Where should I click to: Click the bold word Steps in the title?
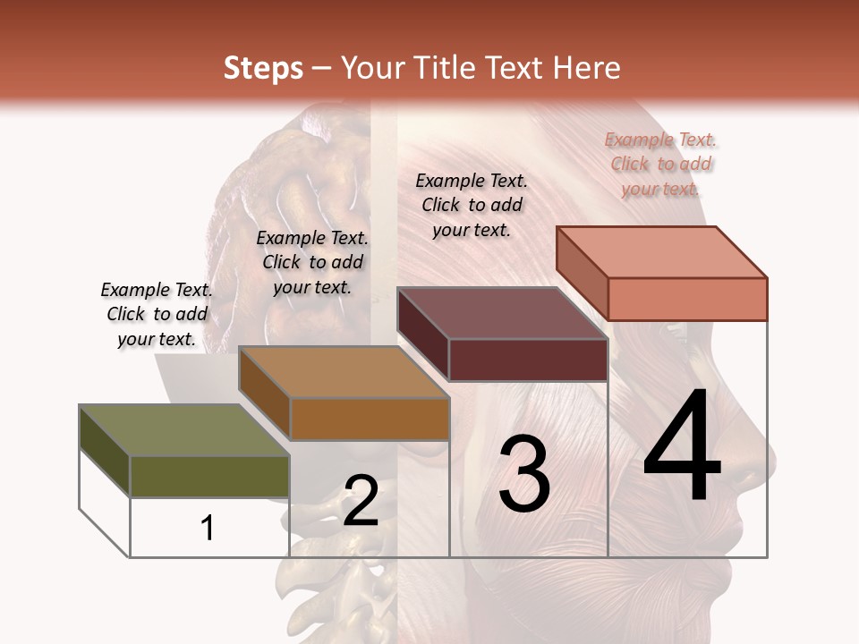click(263, 68)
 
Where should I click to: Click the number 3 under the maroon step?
click(524, 474)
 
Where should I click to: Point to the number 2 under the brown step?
click(361, 501)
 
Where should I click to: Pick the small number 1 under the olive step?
click(208, 528)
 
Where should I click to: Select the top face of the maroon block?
click(502, 313)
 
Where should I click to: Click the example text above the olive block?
click(157, 314)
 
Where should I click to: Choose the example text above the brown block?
click(312, 262)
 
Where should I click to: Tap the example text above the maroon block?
click(472, 205)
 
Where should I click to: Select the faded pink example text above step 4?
click(660, 164)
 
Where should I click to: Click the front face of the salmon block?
click(687, 299)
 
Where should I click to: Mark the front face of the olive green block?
click(209, 476)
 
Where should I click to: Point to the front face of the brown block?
click(370, 419)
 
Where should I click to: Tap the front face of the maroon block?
click(528, 360)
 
